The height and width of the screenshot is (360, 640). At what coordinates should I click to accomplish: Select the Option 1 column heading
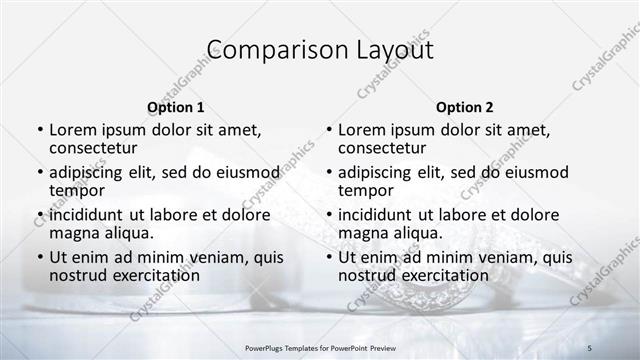175,107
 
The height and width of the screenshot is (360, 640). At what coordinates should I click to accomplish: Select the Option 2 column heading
464,107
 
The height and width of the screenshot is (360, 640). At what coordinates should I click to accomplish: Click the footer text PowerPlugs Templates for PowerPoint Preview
319,346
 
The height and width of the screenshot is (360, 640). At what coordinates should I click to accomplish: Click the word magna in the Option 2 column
362,234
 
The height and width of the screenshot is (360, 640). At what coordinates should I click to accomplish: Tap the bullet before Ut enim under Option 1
39,258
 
